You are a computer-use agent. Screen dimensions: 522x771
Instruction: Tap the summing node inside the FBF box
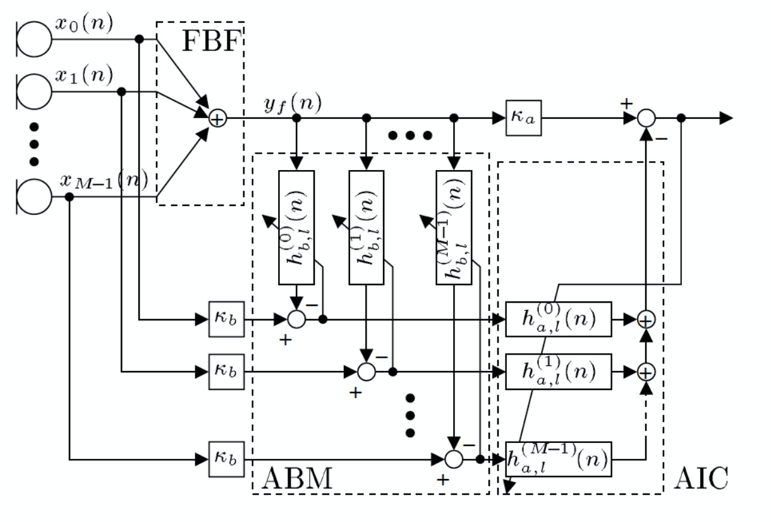(217, 118)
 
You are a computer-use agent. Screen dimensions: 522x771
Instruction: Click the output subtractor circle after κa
(646, 118)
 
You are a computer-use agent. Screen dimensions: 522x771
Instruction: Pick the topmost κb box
(225, 320)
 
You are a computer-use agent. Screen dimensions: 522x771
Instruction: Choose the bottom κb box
(225, 458)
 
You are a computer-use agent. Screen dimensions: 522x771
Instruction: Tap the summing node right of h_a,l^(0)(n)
(645, 320)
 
